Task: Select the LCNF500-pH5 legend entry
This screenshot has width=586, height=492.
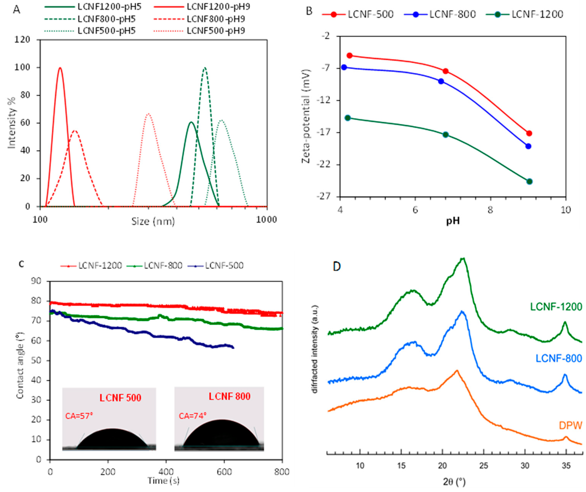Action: pyautogui.click(x=106, y=31)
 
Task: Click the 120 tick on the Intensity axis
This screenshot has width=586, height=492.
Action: pyautogui.click(x=22, y=40)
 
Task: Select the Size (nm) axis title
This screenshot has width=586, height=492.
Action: pyautogui.click(x=153, y=222)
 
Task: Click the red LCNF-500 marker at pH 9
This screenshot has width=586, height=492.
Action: pyautogui.click(x=529, y=133)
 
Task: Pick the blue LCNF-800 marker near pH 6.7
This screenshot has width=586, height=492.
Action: pyautogui.click(x=441, y=81)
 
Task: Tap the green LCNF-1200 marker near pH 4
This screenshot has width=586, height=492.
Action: pyautogui.click(x=347, y=118)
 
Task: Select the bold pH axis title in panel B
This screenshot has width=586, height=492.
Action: pyautogui.click(x=453, y=221)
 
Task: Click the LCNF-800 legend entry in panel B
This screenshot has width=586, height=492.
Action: pyautogui.click(x=452, y=14)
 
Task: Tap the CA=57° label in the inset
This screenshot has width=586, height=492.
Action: pyautogui.click(x=79, y=416)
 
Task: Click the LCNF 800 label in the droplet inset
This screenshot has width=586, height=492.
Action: pyautogui.click(x=229, y=396)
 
